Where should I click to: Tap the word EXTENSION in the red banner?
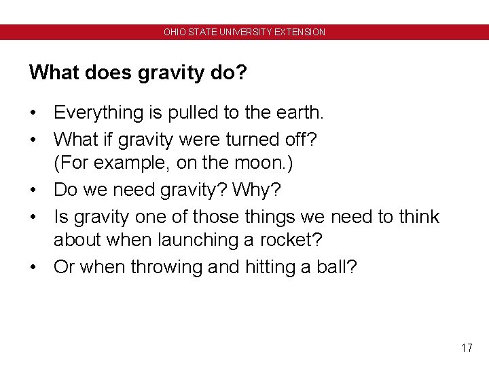[302, 32]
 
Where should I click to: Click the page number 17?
[466, 348]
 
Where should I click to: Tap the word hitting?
[272, 267]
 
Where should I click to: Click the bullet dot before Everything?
[33, 113]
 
